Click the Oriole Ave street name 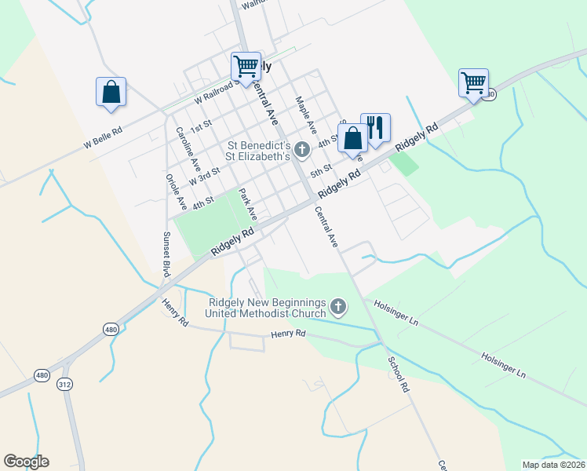[x=172, y=192]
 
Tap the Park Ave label [x=248, y=203]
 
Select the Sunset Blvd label [x=166, y=253]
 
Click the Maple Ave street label [x=305, y=115]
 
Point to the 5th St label [x=322, y=170]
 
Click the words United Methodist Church [x=265, y=314]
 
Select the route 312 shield [x=64, y=384]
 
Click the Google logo [x=26, y=462]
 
